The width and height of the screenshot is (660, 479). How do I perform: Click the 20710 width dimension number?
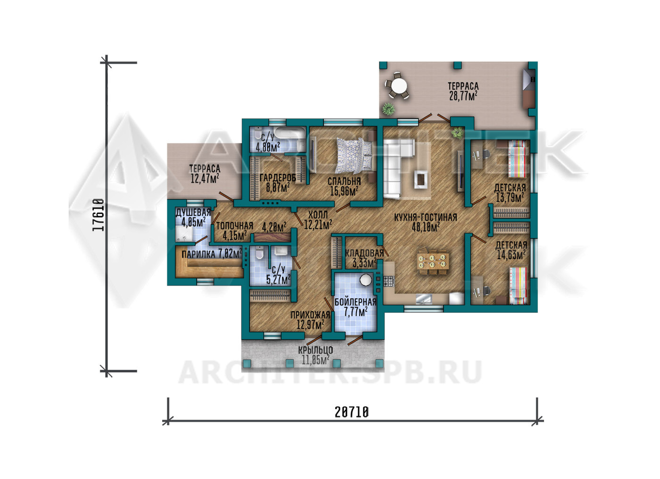click(352, 412)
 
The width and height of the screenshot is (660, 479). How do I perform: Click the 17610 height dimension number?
click(99, 215)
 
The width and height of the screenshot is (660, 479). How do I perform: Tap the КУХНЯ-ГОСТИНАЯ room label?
click(425, 218)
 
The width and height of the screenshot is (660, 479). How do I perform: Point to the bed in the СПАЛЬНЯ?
click(355, 155)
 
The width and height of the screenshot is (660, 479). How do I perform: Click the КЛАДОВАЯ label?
click(364, 253)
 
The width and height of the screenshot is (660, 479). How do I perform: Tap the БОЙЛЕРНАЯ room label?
click(355, 302)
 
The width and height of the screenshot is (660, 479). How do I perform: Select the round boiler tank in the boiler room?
click(366, 280)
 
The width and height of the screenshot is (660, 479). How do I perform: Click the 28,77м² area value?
click(463, 96)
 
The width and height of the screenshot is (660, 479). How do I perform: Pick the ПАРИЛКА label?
click(198, 254)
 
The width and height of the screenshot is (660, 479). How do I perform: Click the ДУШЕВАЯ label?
click(193, 212)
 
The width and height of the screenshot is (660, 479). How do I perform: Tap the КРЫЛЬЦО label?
click(315, 350)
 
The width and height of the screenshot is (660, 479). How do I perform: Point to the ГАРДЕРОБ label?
click(278, 177)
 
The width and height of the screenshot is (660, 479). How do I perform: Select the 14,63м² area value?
click(511, 254)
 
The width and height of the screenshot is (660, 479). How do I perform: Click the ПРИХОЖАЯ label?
click(310, 315)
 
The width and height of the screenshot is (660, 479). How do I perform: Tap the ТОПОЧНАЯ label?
click(235, 226)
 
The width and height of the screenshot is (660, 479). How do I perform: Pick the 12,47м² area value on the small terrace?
click(205, 178)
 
